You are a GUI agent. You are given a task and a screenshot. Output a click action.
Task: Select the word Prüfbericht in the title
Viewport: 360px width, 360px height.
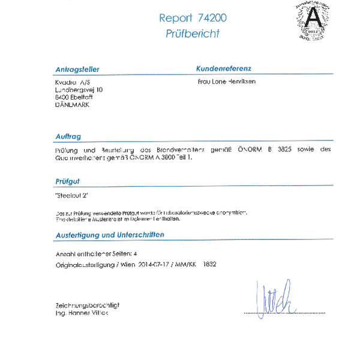193,34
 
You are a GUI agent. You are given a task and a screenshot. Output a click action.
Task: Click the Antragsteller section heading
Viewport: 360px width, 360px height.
77,70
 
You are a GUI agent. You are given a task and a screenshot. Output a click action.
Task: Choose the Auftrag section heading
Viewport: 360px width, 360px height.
68,137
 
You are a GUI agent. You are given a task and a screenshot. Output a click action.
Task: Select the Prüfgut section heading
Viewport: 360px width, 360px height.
67,181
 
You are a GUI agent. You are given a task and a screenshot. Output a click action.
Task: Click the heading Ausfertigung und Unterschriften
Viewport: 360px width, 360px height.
110,235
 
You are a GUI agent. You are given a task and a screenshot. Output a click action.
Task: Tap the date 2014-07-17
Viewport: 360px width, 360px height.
154,264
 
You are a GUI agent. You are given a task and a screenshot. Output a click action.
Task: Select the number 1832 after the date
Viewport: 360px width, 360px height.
209,264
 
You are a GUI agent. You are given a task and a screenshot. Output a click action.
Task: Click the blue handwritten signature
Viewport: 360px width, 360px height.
273,298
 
